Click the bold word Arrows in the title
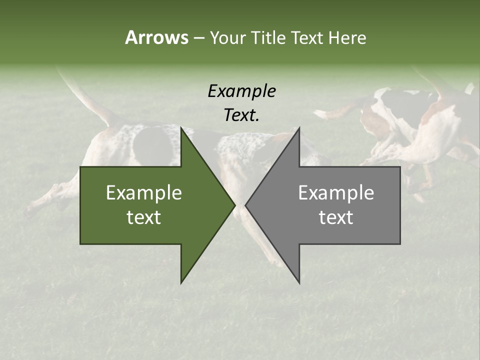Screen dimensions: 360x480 point(156,37)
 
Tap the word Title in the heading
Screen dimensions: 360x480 point(267,37)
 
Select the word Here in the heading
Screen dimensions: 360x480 point(347,37)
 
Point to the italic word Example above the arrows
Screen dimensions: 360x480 point(241,91)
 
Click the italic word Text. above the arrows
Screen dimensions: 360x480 point(241,115)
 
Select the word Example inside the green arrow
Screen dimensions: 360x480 point(144,193)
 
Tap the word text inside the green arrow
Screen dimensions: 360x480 point(144,217)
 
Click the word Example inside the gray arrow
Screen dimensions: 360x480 point(336,193)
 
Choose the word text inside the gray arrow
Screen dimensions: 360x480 point(336,217)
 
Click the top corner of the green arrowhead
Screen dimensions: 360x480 point(181,128)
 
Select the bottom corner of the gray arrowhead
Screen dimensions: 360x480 point(299,282)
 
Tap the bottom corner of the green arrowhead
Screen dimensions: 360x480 point(181,282)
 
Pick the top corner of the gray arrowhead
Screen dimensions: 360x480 point(299,128)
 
